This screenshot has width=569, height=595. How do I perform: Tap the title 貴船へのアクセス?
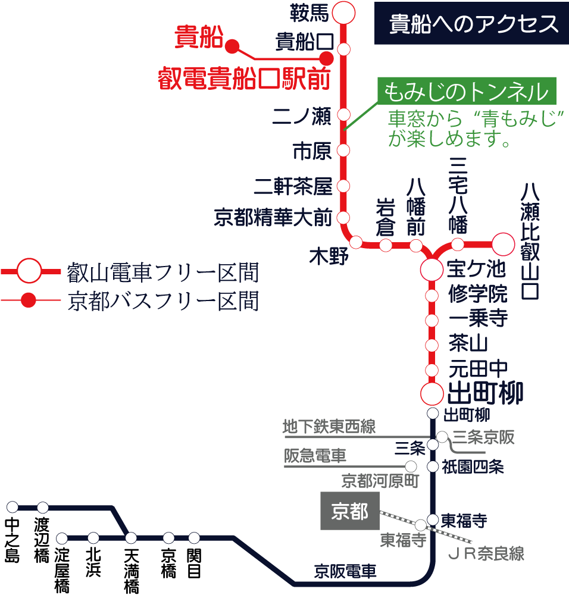click(473, 24)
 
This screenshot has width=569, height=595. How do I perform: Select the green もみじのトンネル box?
click(466, 92)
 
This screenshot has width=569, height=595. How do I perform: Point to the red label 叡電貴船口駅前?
click(243, 79)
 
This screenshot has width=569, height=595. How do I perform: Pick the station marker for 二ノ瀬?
click(343, 114)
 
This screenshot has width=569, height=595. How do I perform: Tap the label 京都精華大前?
click(273, 218)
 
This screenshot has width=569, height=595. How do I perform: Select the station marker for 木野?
click(356, 242)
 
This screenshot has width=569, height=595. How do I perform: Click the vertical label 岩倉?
click(385, 217)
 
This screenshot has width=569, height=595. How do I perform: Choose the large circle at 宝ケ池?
click(432, 270)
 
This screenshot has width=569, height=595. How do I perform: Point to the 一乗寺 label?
click(478, 320)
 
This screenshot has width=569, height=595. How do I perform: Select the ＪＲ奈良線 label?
click(486, 555)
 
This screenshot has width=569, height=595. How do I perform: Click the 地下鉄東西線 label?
click(329, 427)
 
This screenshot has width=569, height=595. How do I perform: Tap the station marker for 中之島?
click(13, 508)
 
